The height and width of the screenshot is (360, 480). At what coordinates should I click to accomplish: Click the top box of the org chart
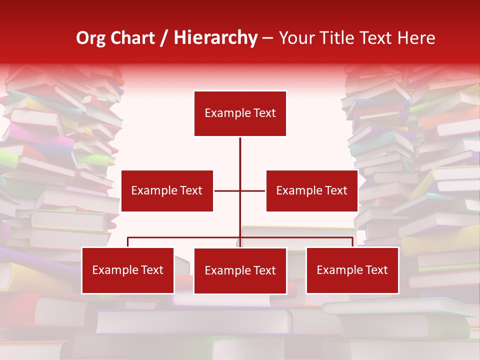click(x=240, y=113)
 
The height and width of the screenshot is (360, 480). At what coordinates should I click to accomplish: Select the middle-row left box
click(x=167, y=190)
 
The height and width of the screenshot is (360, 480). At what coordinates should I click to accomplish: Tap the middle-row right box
click(x=311, y=190)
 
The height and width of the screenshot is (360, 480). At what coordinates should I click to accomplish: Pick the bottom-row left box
click(x=128, y=270)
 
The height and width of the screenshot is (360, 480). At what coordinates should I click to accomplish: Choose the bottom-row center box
click(x=240, y=271)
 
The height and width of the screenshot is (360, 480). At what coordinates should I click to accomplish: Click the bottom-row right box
click(x=352, y=270)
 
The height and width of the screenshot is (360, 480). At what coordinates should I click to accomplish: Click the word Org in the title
click(x=90, y=38)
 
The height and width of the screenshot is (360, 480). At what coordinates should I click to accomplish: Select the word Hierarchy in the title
click(x=215, y=38)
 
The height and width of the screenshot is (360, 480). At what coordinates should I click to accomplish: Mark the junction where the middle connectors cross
click(x=240, y=190)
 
